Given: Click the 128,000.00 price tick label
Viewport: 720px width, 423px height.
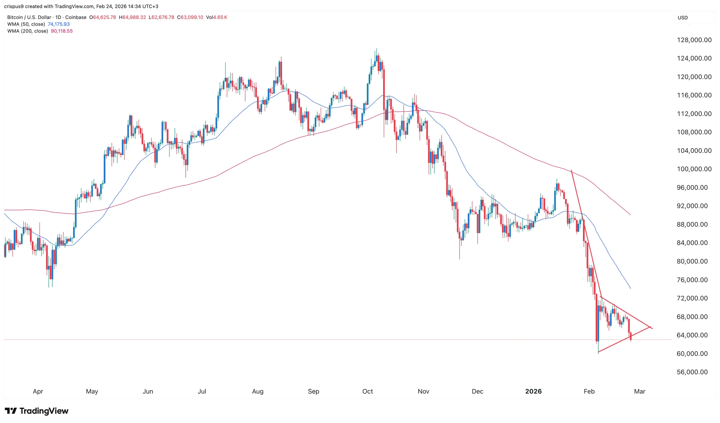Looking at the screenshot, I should click(x=694, y=40).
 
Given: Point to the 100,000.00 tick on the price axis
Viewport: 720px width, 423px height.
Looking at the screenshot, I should click(x=694, y=169).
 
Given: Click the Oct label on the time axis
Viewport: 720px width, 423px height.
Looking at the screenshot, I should click(x=367, y=391).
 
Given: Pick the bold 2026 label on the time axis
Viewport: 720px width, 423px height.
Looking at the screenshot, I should click(x=533, y=391).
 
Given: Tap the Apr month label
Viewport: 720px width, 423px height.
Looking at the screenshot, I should click(x=38, y=391).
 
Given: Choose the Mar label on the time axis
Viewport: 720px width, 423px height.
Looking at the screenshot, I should click(x=640, y=391).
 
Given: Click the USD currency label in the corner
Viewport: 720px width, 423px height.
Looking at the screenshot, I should click(x=683, y=18).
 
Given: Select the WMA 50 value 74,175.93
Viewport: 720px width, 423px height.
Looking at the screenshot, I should click(x=58, y=24).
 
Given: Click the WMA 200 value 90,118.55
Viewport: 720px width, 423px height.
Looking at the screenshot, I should click(x=62, y=31).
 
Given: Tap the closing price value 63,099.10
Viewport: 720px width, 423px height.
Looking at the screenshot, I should click(x=192, y=17).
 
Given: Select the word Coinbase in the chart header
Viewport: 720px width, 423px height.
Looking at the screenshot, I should click(x=76, y=17).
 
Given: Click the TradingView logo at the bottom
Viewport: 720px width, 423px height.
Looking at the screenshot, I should click(x=37, y=411).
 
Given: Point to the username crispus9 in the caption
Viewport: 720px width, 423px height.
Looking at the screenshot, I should click(x=14, y=6).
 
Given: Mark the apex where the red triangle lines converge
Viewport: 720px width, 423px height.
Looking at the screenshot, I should click(x=650, y=327).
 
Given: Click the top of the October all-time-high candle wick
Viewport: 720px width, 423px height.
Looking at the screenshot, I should click(x=377, y=49).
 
